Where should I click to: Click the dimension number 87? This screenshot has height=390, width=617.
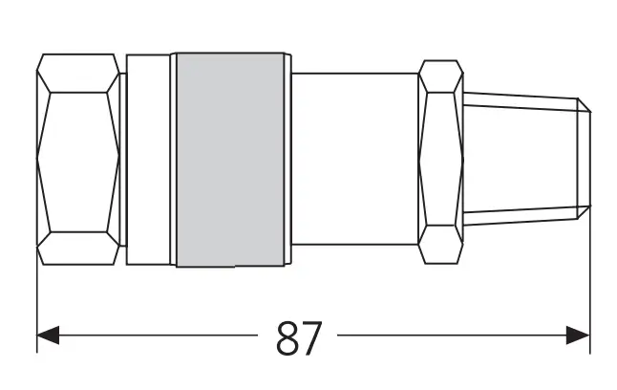(x=298, y=337)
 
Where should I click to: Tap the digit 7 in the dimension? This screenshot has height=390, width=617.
(x=310, y=337)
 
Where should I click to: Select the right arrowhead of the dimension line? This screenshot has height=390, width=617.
(x=579, y=336)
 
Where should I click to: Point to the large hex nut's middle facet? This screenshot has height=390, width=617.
(x=78, y=160)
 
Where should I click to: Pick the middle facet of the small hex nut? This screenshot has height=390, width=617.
(x=440, y=160)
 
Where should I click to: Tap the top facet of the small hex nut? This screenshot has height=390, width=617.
(x=440, y=77)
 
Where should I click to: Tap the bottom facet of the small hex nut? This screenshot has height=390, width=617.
(x=440, y=244)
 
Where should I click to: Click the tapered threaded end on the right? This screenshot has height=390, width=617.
(x=521, y=160)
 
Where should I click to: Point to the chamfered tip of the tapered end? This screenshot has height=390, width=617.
(x=585, y=160)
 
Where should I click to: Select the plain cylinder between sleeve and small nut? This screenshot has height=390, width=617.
(x=354, y=160)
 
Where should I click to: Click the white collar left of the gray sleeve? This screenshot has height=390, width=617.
(x=149, y=160)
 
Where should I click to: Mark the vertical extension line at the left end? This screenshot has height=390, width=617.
(x=36, y=306)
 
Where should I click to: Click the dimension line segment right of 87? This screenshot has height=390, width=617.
(x=449, y=336)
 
